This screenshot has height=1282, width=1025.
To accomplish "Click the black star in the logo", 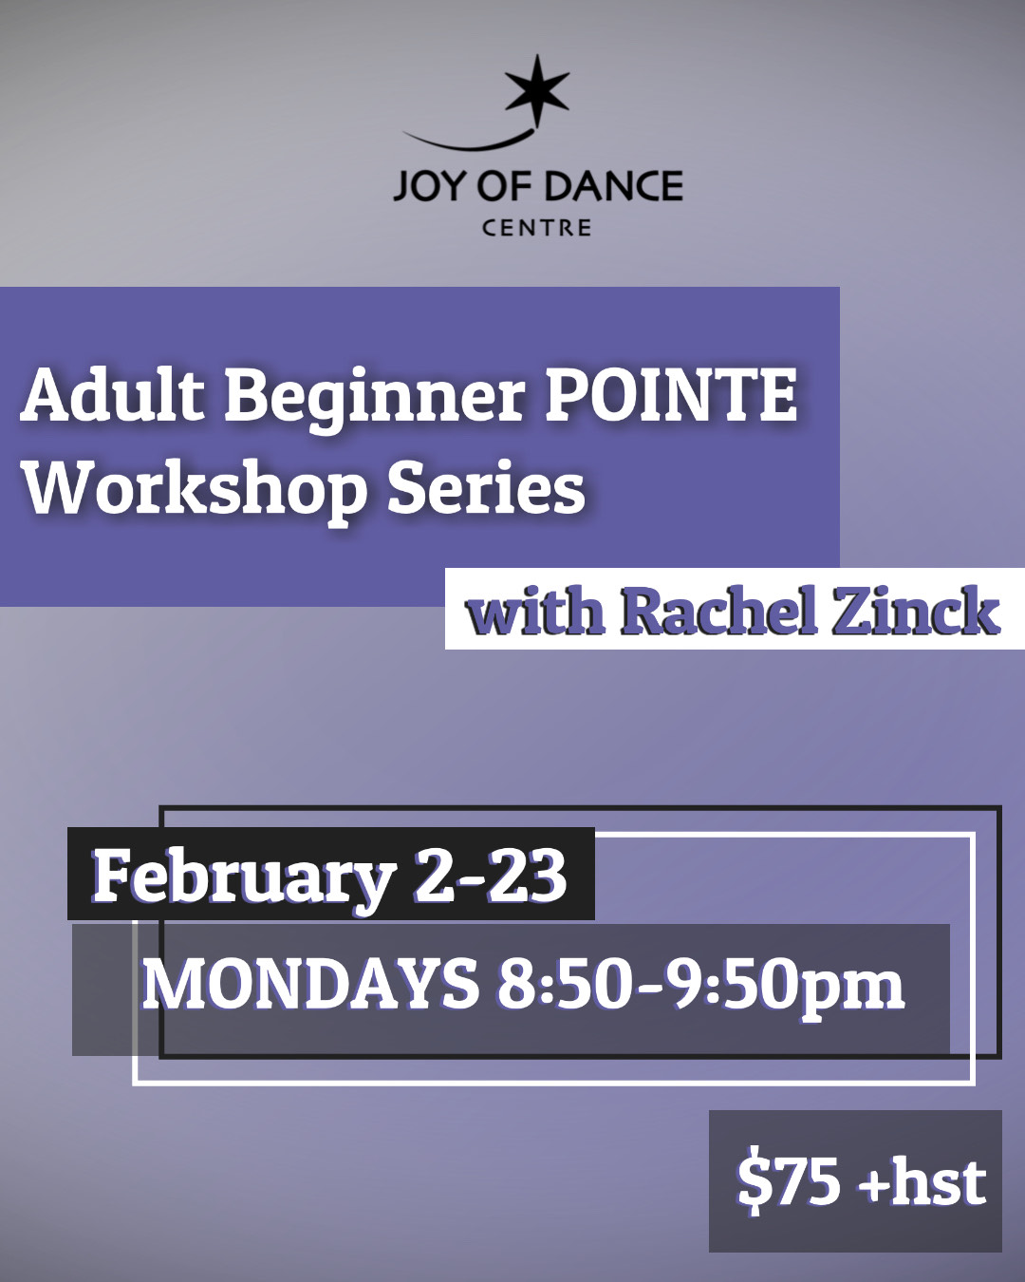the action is [x=536, y=89].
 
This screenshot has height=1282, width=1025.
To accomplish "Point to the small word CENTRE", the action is [x=536, y=228].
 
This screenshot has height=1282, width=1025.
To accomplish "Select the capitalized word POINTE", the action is [x=671, y=396].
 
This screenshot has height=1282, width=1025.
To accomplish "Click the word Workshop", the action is [x=194, y=492].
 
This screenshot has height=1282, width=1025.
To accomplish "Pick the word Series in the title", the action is [x=486, y=488].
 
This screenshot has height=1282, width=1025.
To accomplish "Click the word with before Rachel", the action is [x=535, y=611].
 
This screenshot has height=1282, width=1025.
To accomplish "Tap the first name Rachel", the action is [x=717, y=611].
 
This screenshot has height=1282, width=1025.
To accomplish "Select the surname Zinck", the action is [x=916, y=611].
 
